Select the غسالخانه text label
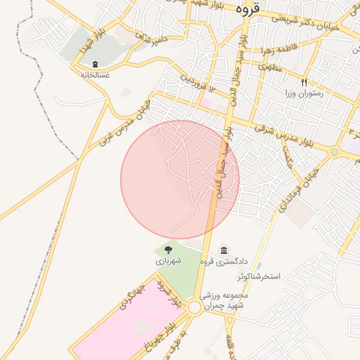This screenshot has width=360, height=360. point(95,75)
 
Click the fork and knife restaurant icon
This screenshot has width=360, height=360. point(304,82)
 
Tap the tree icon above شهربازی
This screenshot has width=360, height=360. point(169,250)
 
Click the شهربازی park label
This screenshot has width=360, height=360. point(169,261)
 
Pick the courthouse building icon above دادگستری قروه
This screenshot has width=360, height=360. point(224,251)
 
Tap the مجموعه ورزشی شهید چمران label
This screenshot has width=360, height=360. point(223,302)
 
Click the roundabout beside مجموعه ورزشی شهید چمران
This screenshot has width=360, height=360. point(194,307)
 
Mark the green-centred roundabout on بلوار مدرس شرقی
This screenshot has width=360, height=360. point(335,151)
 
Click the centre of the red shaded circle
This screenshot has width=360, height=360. point(180,179)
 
